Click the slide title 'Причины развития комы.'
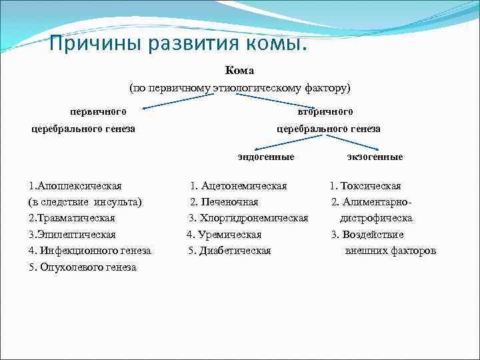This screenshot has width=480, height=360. [x=179, y=45]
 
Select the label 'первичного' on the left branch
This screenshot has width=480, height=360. [x=99, y=111]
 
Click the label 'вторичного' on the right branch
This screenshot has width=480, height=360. [x=325, y=111]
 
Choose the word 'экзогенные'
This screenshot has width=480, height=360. [x=375, y=157]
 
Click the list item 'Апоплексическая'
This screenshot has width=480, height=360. [x=75, y=186]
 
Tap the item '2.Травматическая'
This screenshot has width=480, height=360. [x=72, y=218]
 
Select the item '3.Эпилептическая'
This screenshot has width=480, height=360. [x=72, y=235]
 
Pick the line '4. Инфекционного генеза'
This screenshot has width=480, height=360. [x=90, y=251]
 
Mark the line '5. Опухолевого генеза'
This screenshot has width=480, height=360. [x=83, y=267]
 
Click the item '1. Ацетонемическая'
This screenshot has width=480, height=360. [x=239, y=186]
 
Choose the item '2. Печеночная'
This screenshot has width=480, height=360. [x=224, y=202]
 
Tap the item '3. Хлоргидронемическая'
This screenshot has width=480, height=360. [x=248, y=218]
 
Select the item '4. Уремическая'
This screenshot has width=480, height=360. [x=224, y=235]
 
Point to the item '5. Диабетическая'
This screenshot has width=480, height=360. [x=229, y=251]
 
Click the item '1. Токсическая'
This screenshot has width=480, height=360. [x=365, y=186]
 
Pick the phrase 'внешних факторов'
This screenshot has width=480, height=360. [x=391, y=251]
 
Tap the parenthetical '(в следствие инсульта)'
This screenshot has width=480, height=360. [x=85, y=202]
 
